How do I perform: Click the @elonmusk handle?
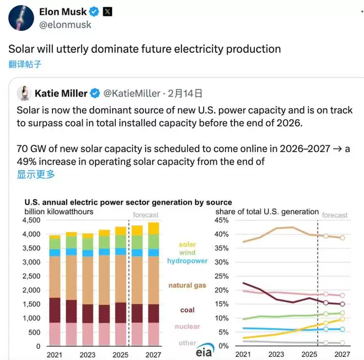tap(66, 25)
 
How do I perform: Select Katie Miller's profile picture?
tap(23, 93)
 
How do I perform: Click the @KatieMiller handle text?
tap(132, 93)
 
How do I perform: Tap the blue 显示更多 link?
tap(36, 174)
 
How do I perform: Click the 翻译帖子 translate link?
tap(25, 63)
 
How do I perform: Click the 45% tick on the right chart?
tap(221, 220)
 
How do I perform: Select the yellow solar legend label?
tap(187, 244)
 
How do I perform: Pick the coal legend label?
tap(187, 310)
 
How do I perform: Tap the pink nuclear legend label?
tap(187, 326)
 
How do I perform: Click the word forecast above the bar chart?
tap(145, 215)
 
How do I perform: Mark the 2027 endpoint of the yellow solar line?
tap(342, 319)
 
